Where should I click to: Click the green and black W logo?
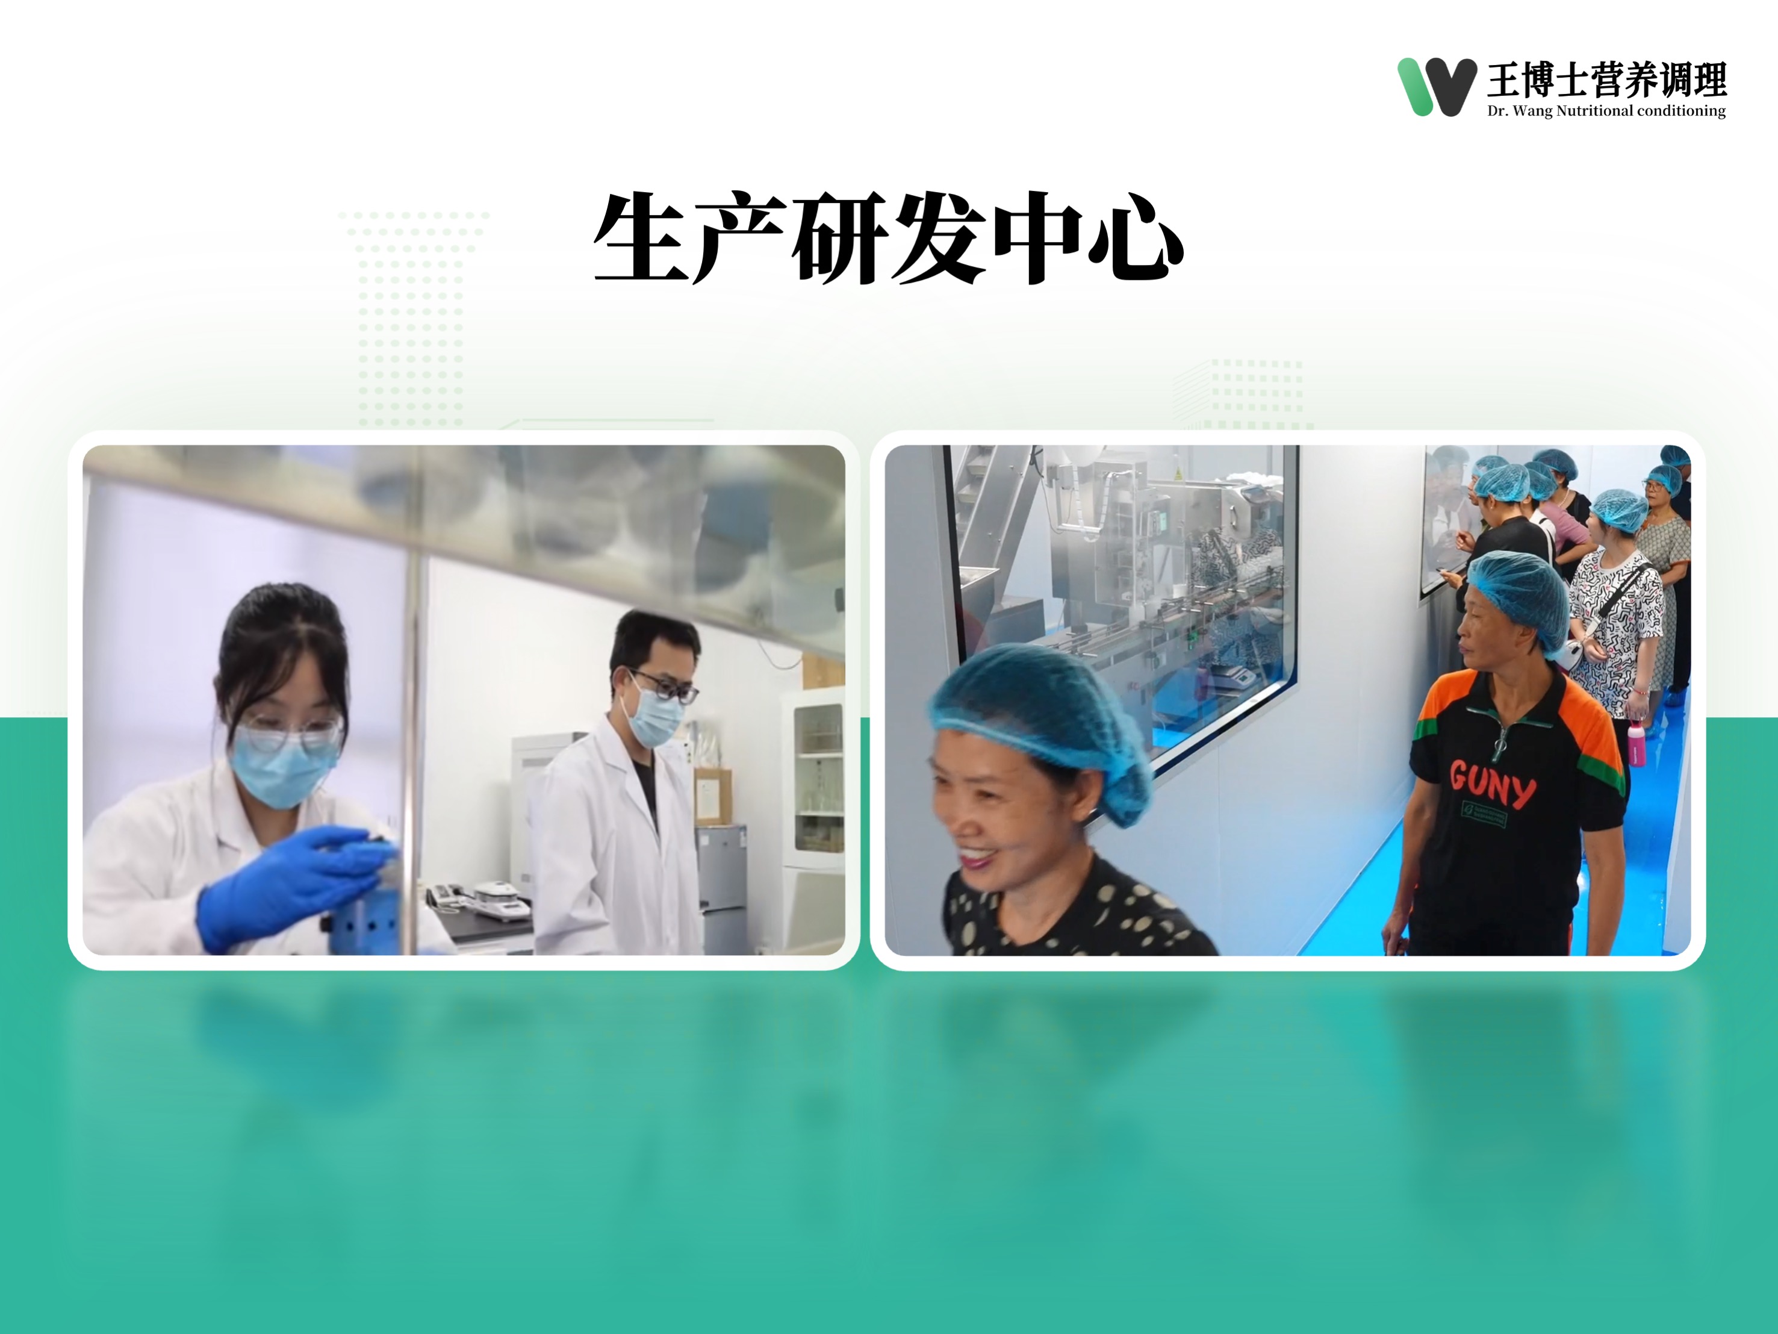point(1437,87)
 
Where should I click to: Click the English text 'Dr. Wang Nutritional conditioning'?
point(1606,111)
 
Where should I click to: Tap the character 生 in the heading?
point(641,237)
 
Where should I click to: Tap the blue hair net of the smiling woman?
point(1042,724)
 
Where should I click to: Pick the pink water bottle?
point(1637,743)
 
